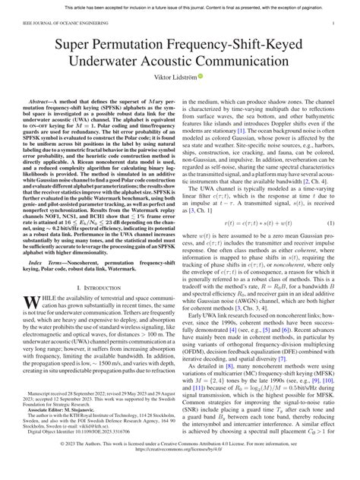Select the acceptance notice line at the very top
[180, 5]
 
